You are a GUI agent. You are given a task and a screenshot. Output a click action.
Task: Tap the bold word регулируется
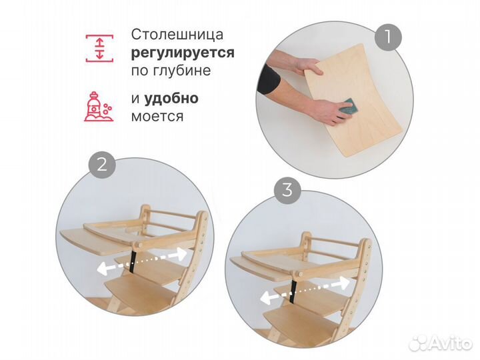[182, 53]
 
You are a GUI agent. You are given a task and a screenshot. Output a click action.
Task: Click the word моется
[157, 116]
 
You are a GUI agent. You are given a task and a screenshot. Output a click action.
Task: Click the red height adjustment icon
[99, 47]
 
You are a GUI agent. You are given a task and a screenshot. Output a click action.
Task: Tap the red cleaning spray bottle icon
[99, 106]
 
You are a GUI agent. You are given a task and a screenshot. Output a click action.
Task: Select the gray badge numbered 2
[102, 165]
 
